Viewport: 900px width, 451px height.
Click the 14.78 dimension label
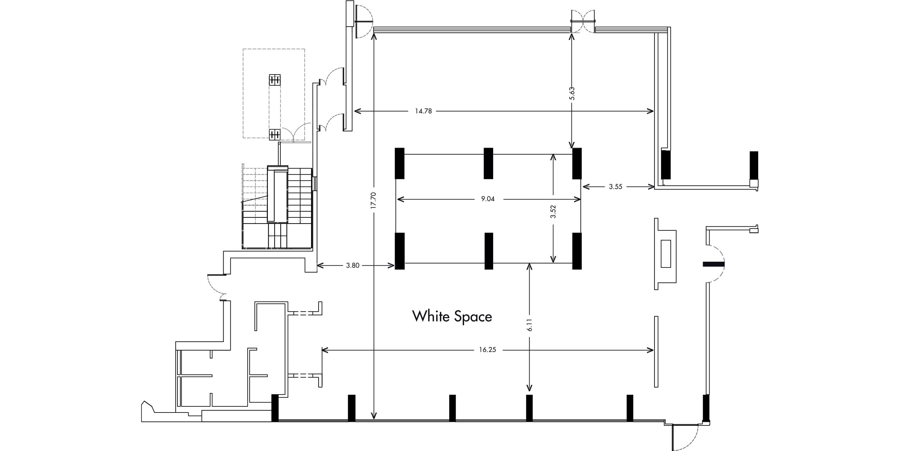423,111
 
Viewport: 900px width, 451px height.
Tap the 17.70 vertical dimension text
373,200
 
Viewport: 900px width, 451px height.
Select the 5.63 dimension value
572,94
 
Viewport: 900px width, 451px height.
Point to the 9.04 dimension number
488,199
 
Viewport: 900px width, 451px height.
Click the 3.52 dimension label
553,212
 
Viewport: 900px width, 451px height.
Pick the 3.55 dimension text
616,187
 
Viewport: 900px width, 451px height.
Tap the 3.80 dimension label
352,266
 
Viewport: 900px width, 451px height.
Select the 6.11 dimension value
529,325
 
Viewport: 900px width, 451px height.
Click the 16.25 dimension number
487,350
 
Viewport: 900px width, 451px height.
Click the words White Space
452,316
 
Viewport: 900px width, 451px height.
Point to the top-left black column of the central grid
400,163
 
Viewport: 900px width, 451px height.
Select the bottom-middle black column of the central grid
489,251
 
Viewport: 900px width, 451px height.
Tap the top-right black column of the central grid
577,163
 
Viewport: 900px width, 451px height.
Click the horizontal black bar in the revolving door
714,264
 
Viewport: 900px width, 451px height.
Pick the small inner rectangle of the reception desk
666,254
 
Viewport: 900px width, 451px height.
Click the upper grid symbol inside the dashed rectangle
275,80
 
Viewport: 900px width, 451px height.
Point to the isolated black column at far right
754,165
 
